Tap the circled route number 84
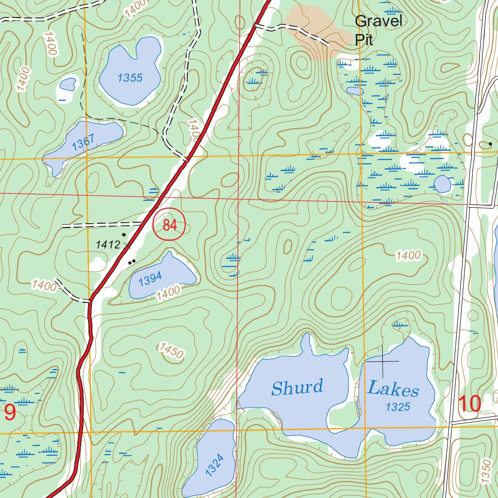click(x=169, y=225)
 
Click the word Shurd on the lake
click(x=297, y=388)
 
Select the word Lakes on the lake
click(x=393, y=389)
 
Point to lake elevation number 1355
click(x=130, y=78)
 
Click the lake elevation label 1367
click(x=83, y=142)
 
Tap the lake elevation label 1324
click(x=214, y=464)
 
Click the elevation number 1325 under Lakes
click(x=398, y=408)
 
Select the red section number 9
click(x=10, y=412)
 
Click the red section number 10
click(x=470, y=404)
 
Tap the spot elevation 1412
click(x=107, y=245)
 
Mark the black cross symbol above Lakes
click(x=382, y=361)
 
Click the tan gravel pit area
click(x=316, y=29)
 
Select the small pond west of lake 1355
click(x=67, y=85)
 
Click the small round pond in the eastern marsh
click(x=442, y=184)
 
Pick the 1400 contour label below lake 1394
click(x=169, y=292)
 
